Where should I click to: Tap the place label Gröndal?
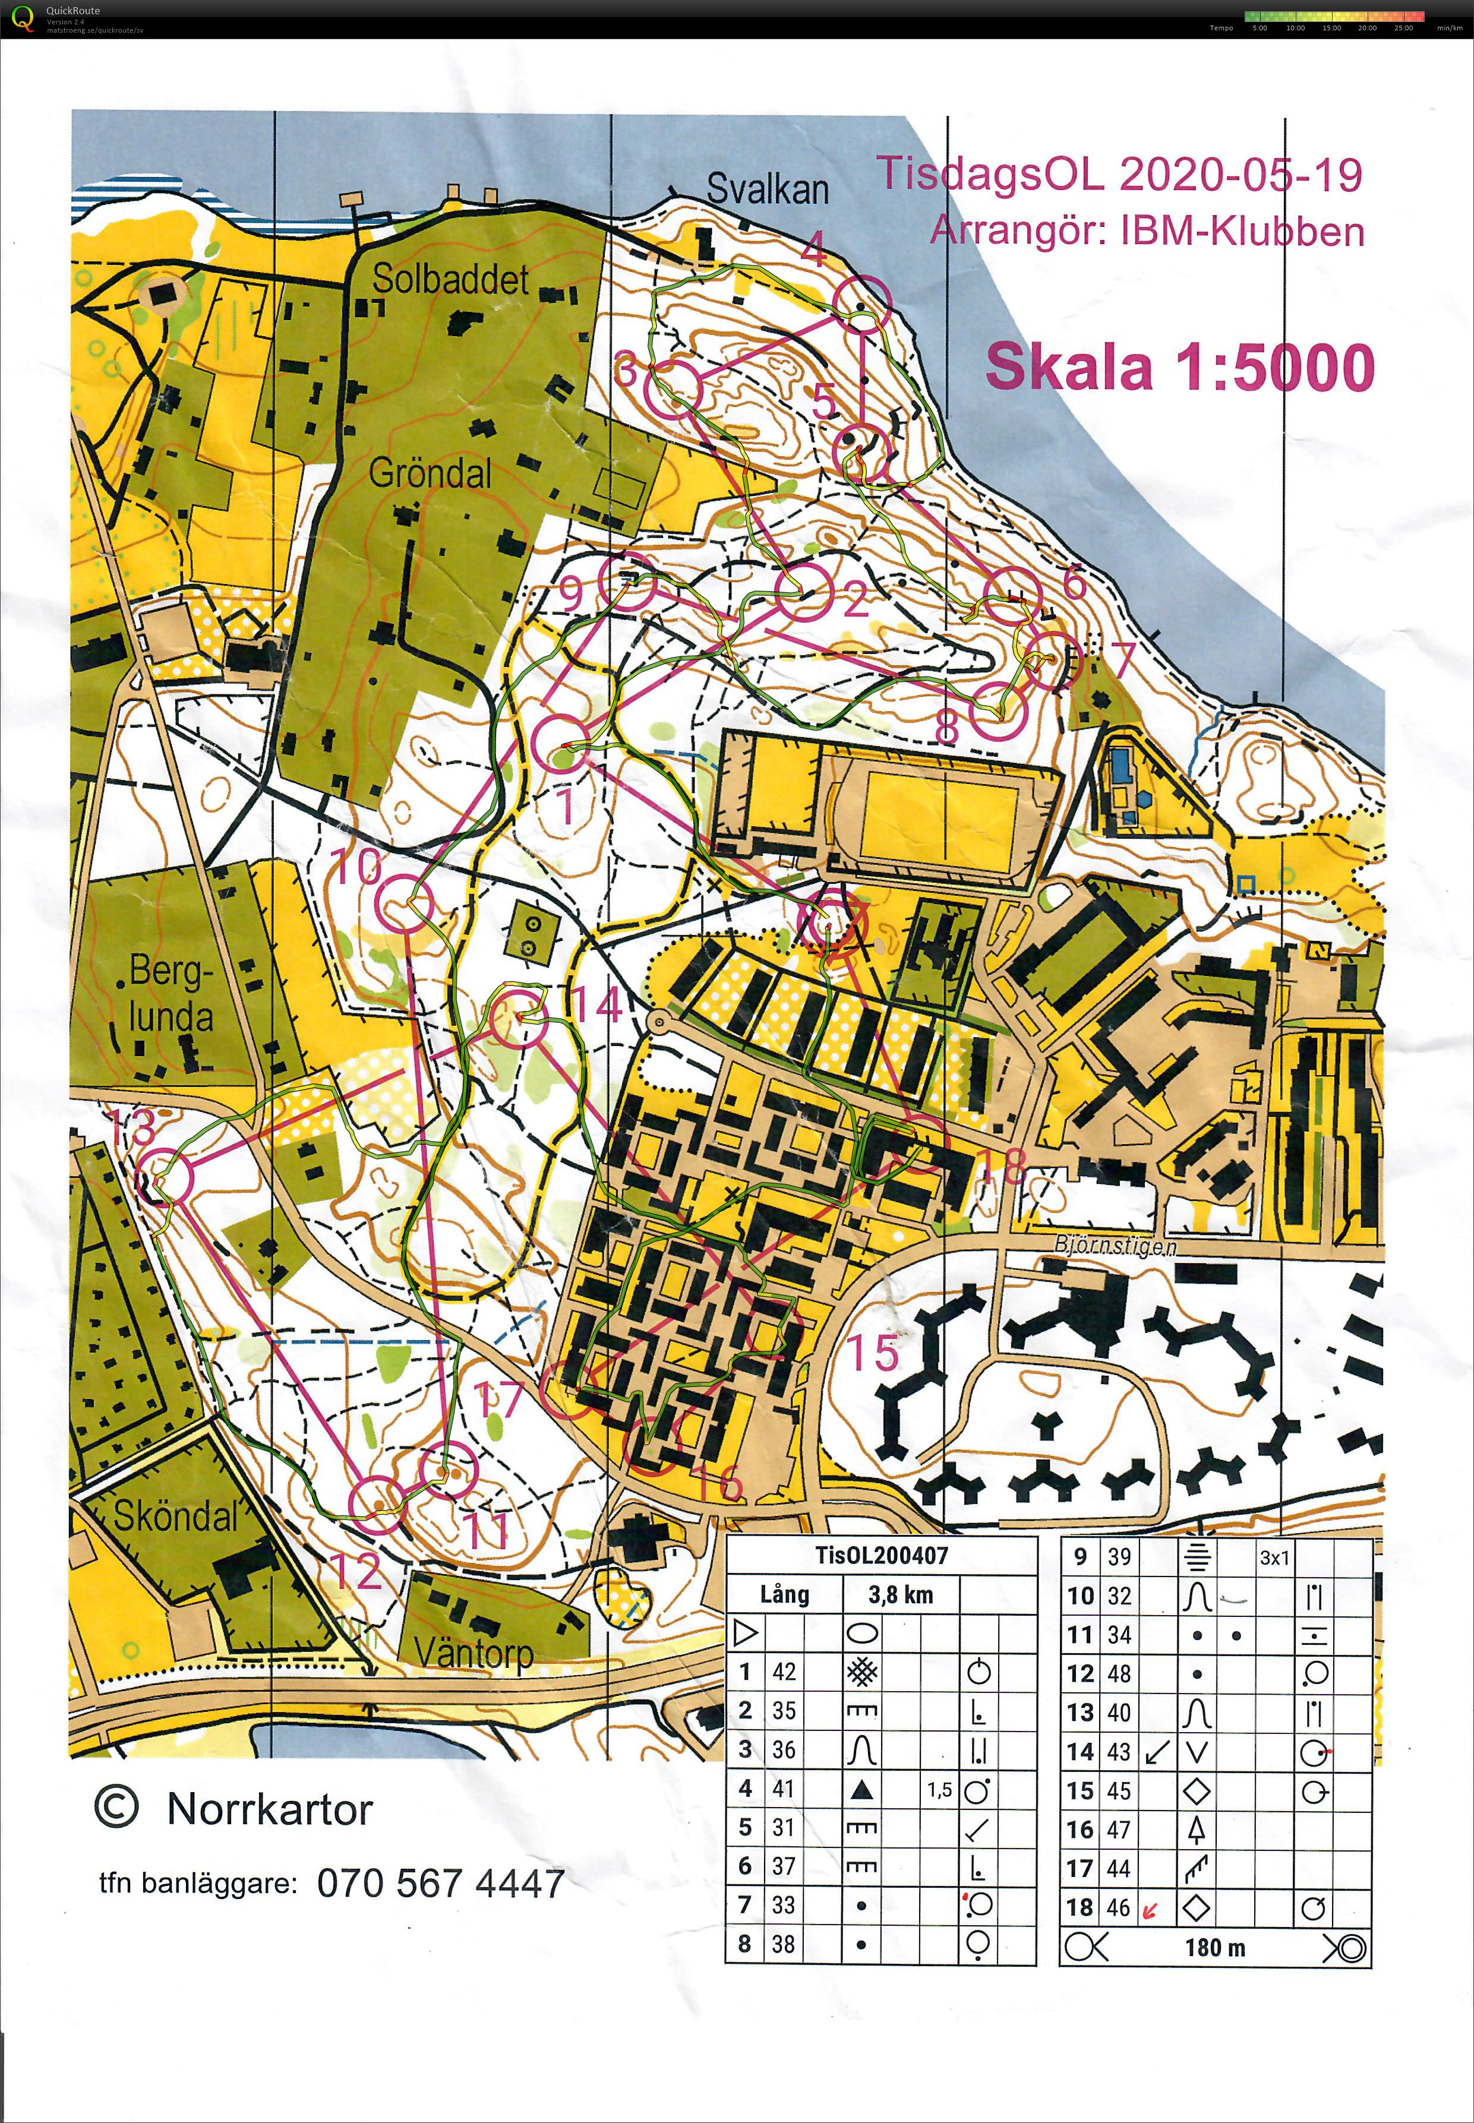430,474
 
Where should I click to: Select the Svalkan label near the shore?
768,189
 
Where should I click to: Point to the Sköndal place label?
175,1515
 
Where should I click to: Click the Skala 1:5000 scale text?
1179,367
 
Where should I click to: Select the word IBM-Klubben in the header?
1242,232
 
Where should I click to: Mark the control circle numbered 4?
861,303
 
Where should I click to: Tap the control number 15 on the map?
872,1353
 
